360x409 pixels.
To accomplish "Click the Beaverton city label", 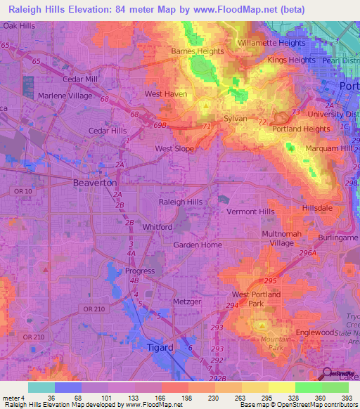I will (x=95, y=182).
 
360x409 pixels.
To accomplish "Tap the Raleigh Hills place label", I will (x=181, y=202).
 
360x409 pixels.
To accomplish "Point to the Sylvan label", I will (x=236, y=119).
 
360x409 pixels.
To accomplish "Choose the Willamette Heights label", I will (x=271, y=43).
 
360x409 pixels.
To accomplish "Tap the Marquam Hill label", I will (x=328, y=149).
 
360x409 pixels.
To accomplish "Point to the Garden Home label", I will (x=197, y=245).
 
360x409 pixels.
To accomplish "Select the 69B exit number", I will (x=160, y=125).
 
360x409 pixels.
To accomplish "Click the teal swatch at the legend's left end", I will (x=41, y=387).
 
